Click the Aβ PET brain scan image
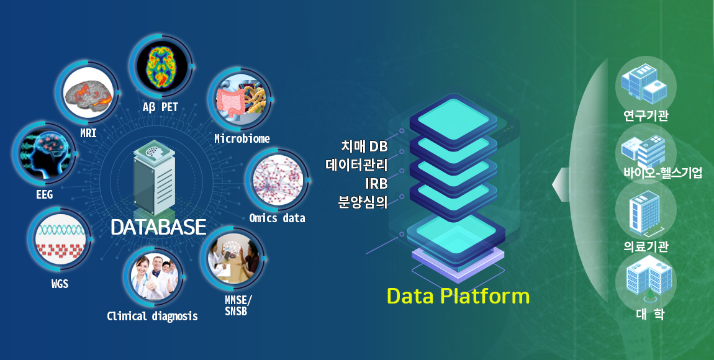(162, 68)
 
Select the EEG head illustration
(45, 153)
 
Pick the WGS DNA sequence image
(61, 240)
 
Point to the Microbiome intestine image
(240, 100)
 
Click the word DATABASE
(158, 227)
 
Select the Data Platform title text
(458, 296)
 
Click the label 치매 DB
(364, 146)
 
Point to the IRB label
(376, 183)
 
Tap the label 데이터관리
(356, 164)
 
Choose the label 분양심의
(363, 202)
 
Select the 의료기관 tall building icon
(645, 212)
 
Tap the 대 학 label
(650, 314)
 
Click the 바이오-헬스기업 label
(663, 173)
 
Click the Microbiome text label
(242, 138)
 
